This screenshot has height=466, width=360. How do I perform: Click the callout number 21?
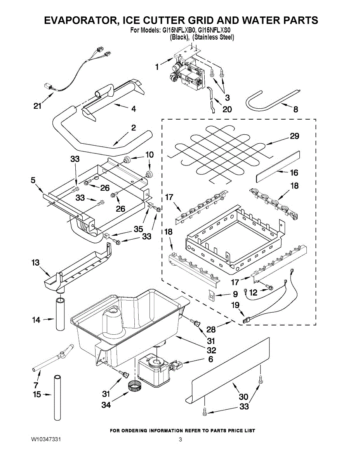(37, 106)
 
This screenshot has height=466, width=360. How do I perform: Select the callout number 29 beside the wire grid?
(294, 136)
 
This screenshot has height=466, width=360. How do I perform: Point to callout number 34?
(106, 405)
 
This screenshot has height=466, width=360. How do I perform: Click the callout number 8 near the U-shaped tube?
(296, 110)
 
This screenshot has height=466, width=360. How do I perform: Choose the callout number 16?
(294, 172)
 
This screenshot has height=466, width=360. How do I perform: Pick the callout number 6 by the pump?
(210, 360)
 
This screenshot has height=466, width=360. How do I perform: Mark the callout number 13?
(35, 263)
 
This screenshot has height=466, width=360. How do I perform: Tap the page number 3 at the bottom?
(180, 440)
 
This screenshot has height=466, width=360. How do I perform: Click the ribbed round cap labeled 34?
(134, 387)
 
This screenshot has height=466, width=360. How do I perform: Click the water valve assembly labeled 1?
(188, 70)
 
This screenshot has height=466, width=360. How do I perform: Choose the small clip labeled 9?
(212, 296)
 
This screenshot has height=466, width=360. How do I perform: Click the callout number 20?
(227, 109)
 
